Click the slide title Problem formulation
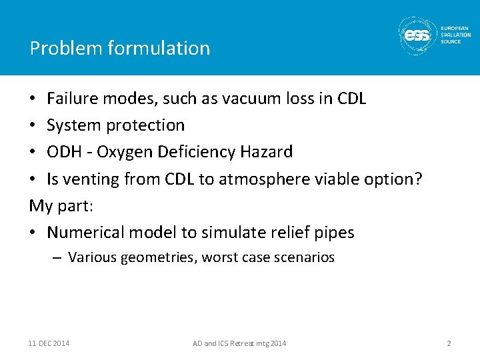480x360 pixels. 120,48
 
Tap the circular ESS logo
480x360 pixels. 417,35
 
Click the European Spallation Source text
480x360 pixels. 455,35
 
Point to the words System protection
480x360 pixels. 115,125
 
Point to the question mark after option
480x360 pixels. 418,179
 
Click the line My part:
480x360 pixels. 61,205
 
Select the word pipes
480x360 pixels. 335,233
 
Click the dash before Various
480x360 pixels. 57,257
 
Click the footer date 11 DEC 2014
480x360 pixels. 49,343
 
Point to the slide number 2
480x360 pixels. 449,343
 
